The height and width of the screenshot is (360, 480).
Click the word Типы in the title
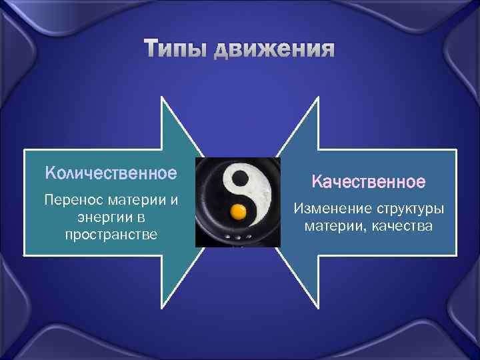coord(177,49)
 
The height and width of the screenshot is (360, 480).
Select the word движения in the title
coord(275,49)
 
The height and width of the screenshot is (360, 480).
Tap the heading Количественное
coord(111,173)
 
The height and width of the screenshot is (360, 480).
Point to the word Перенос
coord(69,200)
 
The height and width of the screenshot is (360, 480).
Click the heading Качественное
coord(368,181)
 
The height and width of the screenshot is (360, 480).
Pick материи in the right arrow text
coord(334,227)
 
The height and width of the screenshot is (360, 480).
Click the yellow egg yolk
coord(238,213)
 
